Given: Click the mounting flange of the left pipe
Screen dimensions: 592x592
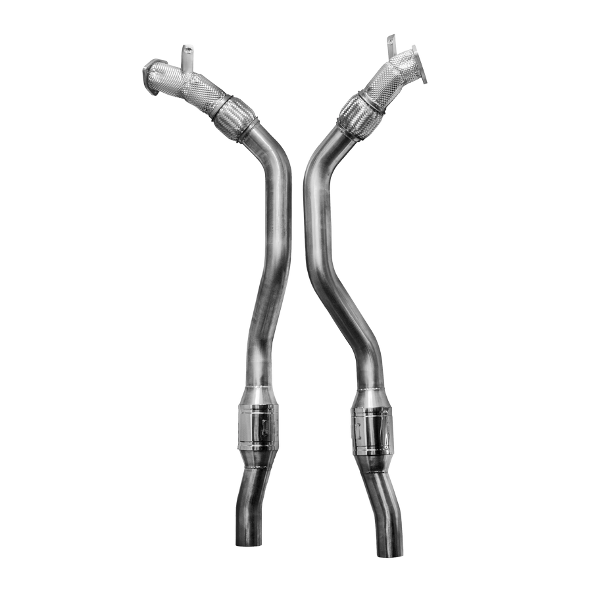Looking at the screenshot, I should (152, 76).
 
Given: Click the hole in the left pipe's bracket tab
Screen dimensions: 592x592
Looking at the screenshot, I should (186, 49).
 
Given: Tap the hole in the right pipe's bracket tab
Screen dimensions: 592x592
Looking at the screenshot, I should (391, 38).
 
